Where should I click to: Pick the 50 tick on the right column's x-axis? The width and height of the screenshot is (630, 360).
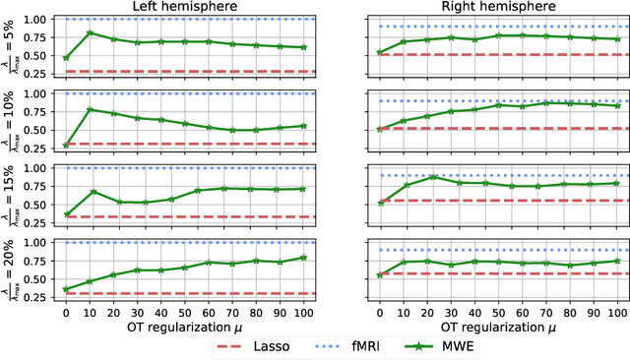[x=498, y=309]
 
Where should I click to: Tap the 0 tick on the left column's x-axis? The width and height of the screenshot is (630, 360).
[x=65, y=309]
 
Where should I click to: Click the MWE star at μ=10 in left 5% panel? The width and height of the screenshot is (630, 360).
[x=92, y=32]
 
